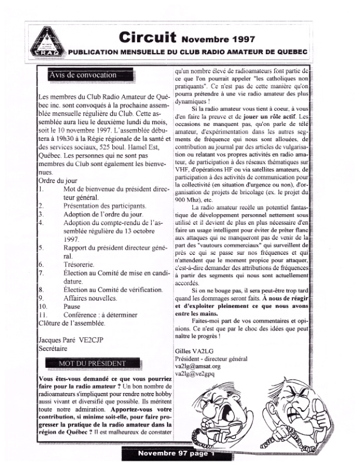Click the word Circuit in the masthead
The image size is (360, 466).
point(146,38)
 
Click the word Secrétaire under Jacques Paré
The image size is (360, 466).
point(54,348)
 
